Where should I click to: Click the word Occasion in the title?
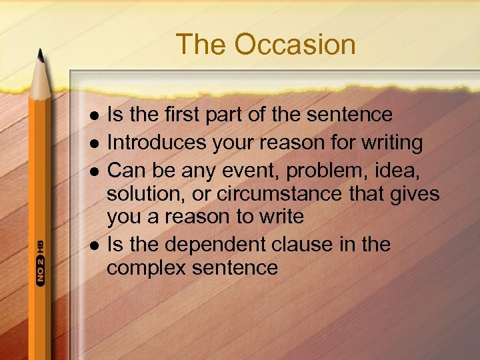coord(295,45)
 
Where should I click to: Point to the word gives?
coord(411,194)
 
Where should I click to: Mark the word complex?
coord(147,269)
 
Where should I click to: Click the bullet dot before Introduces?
coord(94,143)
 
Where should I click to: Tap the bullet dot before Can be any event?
coord(94,171)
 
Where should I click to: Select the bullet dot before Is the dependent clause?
coord(94,245)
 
